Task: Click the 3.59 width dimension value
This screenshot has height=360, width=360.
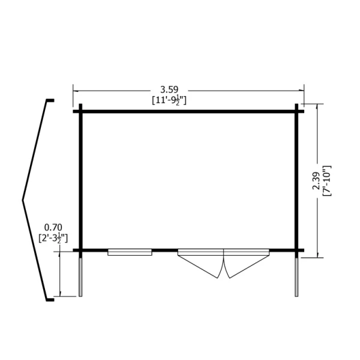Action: [169, 89]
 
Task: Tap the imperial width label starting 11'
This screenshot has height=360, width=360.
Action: [169, 101]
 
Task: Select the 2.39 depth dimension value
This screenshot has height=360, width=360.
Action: [316, 181]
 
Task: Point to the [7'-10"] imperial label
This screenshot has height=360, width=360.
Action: [327, 181]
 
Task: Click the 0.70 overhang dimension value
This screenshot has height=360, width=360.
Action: [53, 227]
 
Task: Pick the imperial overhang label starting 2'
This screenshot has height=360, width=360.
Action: [53, 238]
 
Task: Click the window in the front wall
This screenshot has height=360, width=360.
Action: [130, 252]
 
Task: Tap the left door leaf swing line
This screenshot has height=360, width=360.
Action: [197, 266]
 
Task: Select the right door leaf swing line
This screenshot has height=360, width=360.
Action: [250, 266]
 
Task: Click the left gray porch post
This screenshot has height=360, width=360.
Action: [80, 277]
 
